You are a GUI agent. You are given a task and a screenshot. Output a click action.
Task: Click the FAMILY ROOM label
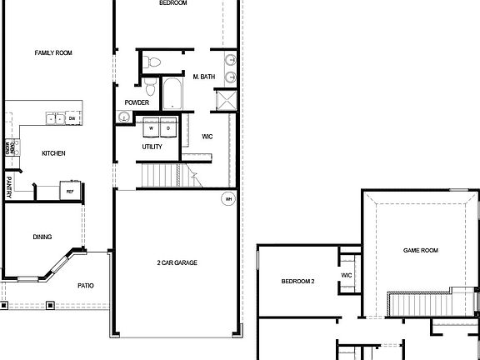coord(53,52)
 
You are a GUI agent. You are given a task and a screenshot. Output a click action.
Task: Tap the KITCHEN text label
coord(53,153)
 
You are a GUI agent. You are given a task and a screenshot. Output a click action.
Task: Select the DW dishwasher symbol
coord(72,119)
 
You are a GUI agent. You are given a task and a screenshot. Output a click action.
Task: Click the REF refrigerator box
coord(70,191)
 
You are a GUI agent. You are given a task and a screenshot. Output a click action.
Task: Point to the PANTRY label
coord(8,186)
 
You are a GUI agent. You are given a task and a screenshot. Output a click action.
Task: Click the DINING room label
coord(42,237)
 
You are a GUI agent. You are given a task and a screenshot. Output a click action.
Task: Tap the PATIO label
coord(86,286)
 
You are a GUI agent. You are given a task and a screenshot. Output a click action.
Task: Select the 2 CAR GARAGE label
coord(177,262)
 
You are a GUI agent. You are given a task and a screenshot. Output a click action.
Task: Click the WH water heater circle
coord(227,199)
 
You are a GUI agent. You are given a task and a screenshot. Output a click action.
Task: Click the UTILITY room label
coord(152,147)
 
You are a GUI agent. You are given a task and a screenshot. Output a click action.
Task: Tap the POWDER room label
coord(137,102)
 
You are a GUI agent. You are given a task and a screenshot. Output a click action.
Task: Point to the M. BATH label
coord(205,77)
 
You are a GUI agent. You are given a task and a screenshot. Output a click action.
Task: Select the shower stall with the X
coord(225,101)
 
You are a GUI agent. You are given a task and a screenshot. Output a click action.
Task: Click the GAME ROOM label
coord(421,250)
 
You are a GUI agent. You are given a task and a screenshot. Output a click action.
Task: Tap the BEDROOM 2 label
coord(297,282)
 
